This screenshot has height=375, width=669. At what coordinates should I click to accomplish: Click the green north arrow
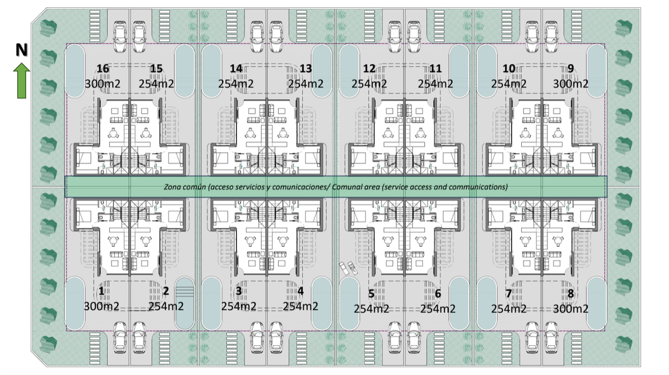tap(22, 81)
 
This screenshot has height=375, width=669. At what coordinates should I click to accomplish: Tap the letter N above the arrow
tap(22, 50)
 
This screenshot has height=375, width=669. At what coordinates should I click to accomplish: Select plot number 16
tap(103, 69)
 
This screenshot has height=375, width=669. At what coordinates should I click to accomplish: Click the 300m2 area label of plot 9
tap(570, 84)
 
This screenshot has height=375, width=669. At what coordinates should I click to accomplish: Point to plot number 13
tap(306, 69)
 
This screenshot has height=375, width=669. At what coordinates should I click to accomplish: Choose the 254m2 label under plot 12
tap(369, 84)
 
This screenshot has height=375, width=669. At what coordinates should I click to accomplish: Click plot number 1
tap(101, 291)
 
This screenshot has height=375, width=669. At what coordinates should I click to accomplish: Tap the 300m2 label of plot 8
tap(570, 309)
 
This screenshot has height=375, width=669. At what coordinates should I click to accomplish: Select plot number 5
tap(371, 294)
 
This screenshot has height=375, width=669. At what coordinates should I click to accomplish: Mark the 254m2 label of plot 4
tap(300, 306)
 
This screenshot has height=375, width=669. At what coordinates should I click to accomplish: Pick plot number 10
tap(508, 69)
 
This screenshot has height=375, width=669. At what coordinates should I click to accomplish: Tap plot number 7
tap(508, 294)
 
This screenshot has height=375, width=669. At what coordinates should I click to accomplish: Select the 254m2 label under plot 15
tap(156, 84)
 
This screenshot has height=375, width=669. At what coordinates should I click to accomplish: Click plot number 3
tap(239, 291)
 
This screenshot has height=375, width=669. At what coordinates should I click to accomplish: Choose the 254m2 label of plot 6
tap(438, 309)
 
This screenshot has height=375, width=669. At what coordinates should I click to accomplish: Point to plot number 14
tap(236, 69)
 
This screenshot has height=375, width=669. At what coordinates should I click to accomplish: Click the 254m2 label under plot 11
tap(435, 84)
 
